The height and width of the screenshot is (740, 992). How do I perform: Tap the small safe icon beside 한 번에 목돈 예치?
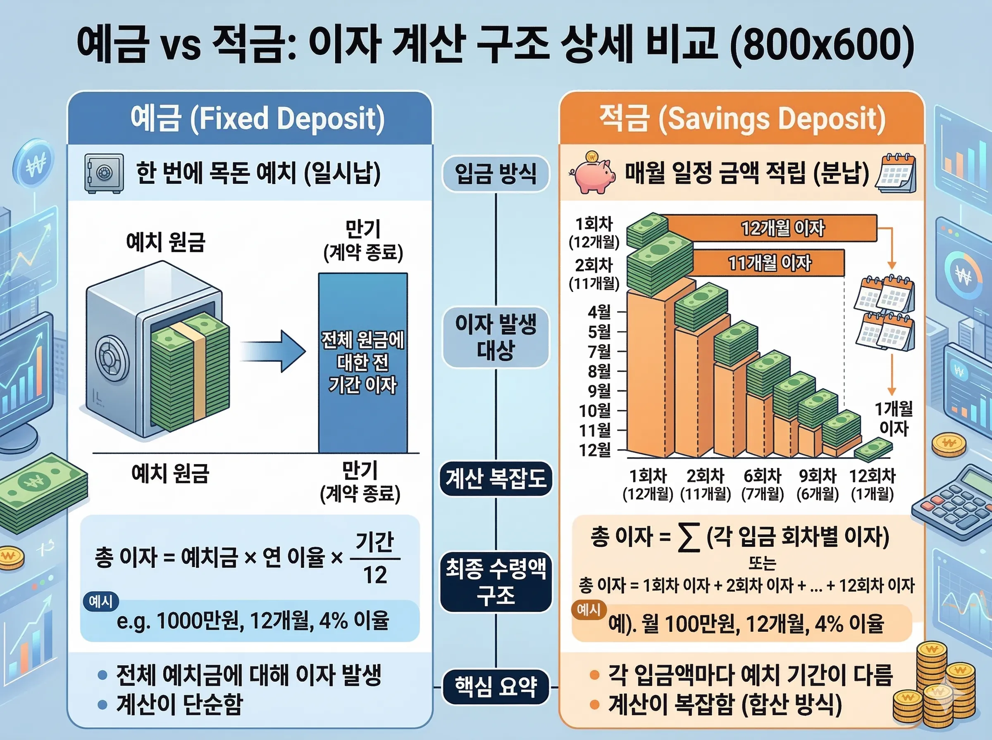[x=104, y=174]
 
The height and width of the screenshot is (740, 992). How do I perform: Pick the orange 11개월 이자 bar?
[x=769, y=263]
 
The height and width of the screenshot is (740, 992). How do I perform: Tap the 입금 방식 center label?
[x=495, y=174]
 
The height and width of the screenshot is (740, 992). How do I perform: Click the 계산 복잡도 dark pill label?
[x=495, y=479]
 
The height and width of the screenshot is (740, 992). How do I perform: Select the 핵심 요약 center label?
[x=495, y=687]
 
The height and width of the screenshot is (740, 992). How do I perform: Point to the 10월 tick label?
[x=595, y=410]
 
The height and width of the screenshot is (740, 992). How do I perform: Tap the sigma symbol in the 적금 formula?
[x=689, y=538]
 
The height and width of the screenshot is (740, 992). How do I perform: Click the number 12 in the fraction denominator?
[x=375, y=575]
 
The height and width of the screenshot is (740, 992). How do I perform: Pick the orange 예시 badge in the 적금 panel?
[x=589, y=610]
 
